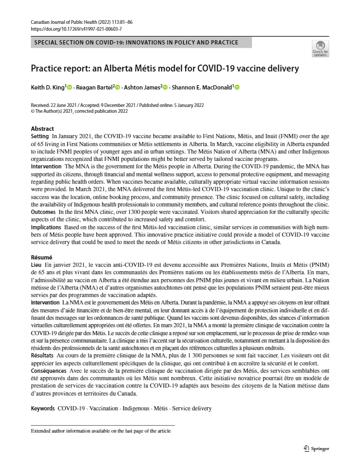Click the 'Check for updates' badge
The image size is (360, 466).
[x=320, y=49]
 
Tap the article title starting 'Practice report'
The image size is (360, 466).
[x=165, y=69]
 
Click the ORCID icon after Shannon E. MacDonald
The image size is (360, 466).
[x=237, y=87]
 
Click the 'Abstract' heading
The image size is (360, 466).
[x=42, y=129]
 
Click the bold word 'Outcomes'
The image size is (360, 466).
[x=43, y=212]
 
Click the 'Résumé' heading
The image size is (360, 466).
[x=42, y=257]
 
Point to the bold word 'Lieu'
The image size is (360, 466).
[x=36, y=264]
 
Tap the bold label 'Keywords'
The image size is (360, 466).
[x=43, y=408]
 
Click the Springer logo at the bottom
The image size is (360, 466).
[x=316, y=449]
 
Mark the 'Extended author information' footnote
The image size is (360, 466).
[x=101, y=432]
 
